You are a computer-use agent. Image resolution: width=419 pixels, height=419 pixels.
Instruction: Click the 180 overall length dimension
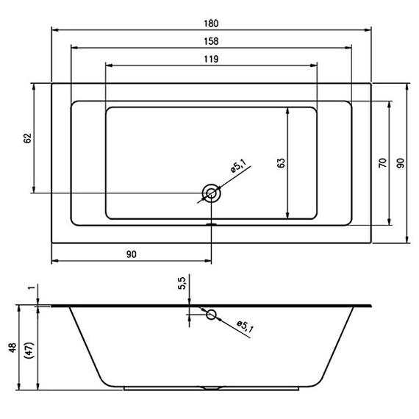tap(211, 22)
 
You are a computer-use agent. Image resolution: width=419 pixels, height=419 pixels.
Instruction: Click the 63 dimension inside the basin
tap(280, 163)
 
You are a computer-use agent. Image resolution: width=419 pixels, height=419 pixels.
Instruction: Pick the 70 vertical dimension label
tap(382, 162)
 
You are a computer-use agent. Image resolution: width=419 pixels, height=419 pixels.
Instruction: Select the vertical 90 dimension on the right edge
tap(400, 162)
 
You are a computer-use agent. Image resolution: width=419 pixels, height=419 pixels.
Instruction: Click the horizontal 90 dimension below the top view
tap(132, 254)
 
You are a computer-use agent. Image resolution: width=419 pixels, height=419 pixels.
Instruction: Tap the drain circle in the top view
tap(212, 193)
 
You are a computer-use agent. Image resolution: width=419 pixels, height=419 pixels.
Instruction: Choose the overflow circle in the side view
tap(212, 315)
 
